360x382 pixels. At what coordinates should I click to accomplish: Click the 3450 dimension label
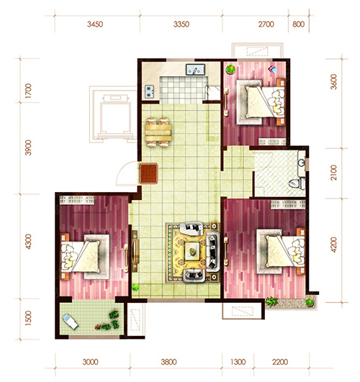[95, 24]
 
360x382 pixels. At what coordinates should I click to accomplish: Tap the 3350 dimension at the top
[181, 24]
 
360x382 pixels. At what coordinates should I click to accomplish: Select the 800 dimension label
[299, 24]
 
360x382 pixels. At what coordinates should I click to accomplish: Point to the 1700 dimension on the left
[28, 91]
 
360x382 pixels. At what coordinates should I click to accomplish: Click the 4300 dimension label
[28, 242]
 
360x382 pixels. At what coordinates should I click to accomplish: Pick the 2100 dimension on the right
[333, 173]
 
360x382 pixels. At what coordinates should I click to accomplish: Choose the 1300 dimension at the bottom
[238, 362]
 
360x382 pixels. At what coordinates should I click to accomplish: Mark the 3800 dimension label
[168, 362]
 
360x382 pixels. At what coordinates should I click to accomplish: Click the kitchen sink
[195, 70]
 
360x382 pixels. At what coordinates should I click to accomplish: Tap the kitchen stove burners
[149, 91]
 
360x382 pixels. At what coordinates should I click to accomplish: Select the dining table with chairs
[158, 132]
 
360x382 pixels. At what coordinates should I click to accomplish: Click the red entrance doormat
[149, 173]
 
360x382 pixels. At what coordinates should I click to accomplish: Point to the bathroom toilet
[297, 183]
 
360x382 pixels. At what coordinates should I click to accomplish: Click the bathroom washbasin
[302, 163]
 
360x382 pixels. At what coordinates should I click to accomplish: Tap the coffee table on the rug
[192, 251]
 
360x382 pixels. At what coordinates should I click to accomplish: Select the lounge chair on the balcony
[71, 322]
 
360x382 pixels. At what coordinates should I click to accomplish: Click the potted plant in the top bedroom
[230, 69]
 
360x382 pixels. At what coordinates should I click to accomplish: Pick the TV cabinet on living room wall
[135, 251]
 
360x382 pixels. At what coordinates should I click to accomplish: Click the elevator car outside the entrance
[115, 118]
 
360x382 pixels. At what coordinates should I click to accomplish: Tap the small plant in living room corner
[135, 288]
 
